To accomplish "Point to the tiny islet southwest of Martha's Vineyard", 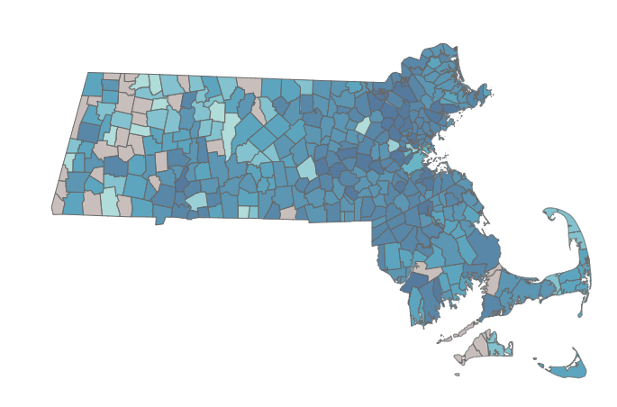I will coord(457,374).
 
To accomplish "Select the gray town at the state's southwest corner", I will coord(58,205).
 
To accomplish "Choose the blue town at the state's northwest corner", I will coord(94,83).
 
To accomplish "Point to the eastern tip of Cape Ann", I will coord(491,90).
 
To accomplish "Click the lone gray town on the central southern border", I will coord(287,214).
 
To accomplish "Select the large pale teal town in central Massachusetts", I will coord(306,167).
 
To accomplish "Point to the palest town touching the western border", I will coord(69,163).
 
